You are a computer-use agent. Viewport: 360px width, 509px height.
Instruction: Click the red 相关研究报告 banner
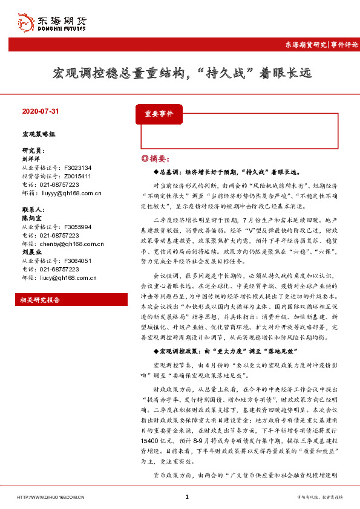point(40,300)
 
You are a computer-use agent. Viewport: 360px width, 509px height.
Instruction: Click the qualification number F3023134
point(77,167)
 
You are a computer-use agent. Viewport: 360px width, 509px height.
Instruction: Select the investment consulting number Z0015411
point(77,176)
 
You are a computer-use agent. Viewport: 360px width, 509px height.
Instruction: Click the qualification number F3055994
point(77,227)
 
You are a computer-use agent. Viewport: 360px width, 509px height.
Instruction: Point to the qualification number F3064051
point(77,261)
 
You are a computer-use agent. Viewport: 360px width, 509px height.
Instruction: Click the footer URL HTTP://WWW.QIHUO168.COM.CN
point(51,497)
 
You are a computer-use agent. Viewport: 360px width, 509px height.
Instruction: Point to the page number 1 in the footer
point(187,497)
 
